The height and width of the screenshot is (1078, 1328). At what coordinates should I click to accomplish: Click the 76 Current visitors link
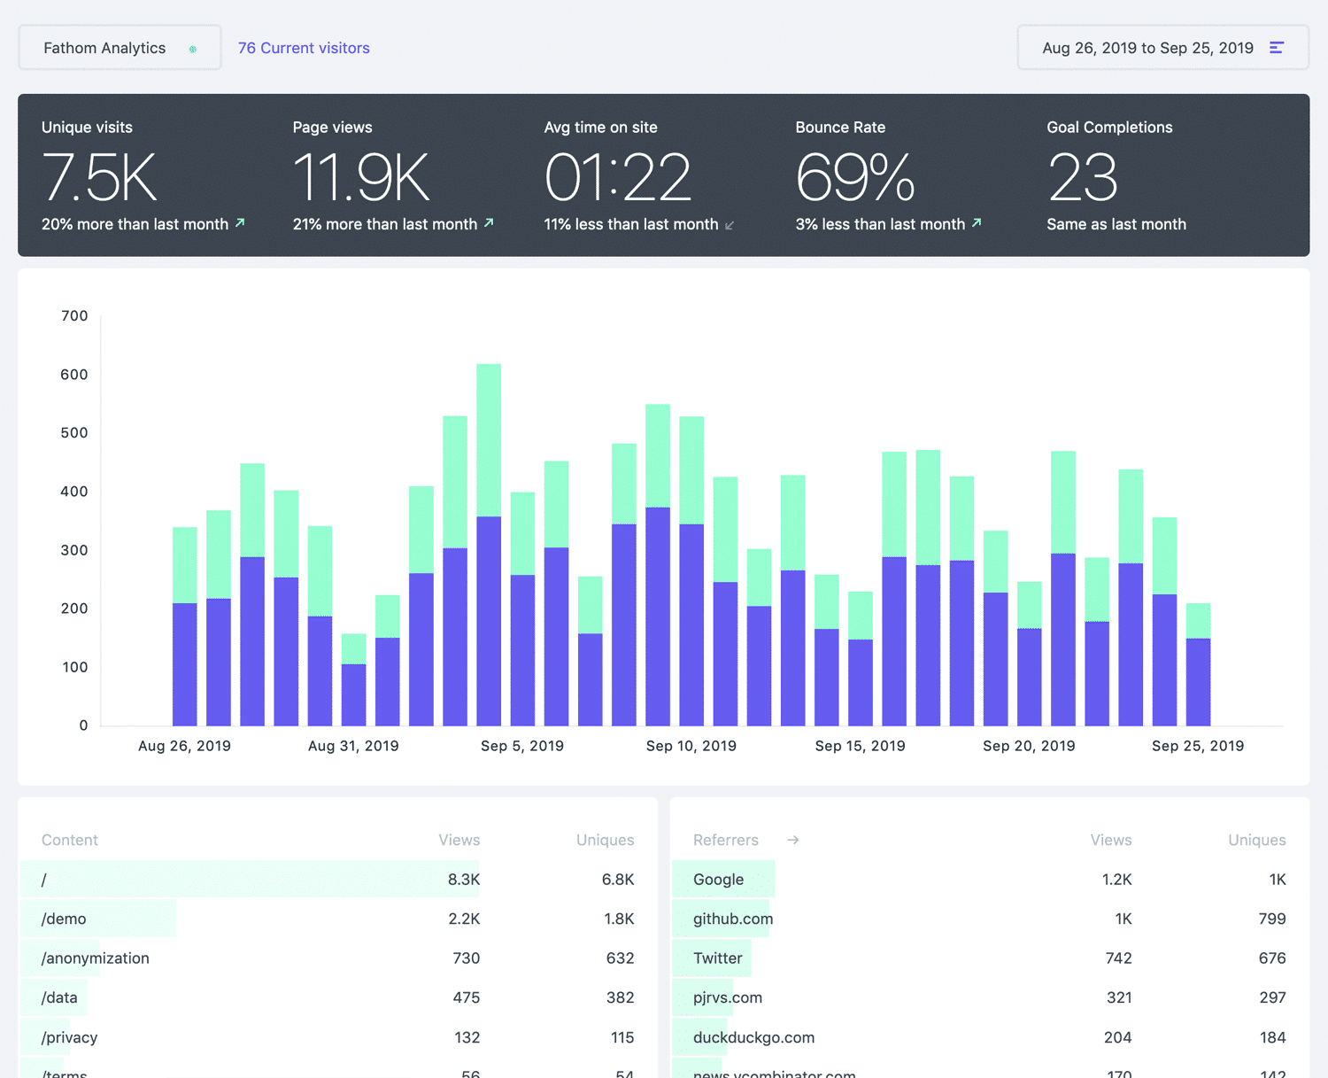coord(304,48)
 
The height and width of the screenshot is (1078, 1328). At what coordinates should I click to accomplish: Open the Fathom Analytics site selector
coord(120,48)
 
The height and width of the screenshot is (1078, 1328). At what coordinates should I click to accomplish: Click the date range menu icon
coord(1276,48)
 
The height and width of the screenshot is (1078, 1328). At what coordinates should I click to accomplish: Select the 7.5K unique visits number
coord(99,177)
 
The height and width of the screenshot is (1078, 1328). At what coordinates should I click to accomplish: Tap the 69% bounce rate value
coord(854,177)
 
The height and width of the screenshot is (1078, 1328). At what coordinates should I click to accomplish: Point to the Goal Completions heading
coord(1109,128)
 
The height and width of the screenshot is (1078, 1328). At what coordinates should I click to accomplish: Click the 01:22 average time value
coord(617,177)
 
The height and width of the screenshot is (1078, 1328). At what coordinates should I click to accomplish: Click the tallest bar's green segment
coord(489,439)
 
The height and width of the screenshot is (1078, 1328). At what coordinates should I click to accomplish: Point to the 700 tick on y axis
coord(74,316)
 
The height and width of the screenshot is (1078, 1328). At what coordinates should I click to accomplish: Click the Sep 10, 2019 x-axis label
coord(691,746)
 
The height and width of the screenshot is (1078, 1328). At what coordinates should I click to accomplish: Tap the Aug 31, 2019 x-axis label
coord(353,746)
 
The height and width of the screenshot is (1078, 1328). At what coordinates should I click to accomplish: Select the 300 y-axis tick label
coord(74,550)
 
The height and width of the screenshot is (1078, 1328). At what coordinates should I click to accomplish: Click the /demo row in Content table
coord(64,919)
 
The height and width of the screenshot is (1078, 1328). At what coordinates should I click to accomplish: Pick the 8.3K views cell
coord(463,880)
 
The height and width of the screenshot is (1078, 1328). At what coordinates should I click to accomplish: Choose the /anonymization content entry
coord(96,958)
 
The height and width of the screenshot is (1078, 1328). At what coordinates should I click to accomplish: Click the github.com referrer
coord(733,919)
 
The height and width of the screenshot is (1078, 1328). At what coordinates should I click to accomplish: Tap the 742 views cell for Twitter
coord(1118,958)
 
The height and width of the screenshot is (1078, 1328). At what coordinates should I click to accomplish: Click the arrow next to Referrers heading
coord(793,840)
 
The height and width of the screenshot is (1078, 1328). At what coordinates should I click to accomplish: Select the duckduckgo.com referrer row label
coord(753,1037)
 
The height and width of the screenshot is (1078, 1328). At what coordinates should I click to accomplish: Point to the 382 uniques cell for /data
coord(620,997)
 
